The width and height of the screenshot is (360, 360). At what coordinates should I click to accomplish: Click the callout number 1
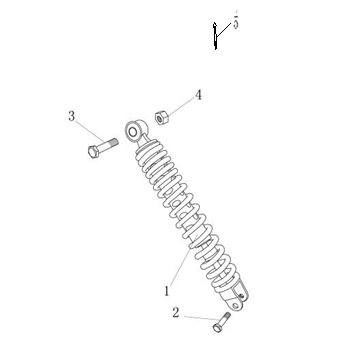167,291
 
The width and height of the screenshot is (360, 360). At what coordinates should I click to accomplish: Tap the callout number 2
176,313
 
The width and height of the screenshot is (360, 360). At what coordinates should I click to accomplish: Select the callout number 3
71,116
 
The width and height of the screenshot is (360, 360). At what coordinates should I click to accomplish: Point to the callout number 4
198,95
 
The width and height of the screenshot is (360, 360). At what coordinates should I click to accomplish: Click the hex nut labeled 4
162,118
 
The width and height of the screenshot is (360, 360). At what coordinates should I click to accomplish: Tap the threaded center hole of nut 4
160,118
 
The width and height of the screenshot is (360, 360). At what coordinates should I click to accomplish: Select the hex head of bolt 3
93,152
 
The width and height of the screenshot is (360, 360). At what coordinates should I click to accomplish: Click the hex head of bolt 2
217,328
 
